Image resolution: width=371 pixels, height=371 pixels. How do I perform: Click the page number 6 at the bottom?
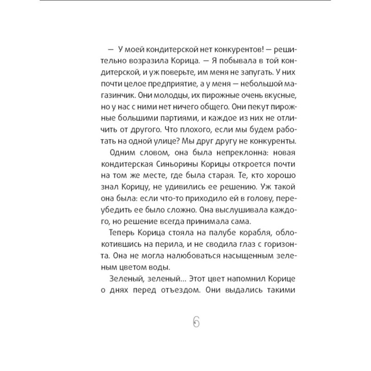[195, 321]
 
